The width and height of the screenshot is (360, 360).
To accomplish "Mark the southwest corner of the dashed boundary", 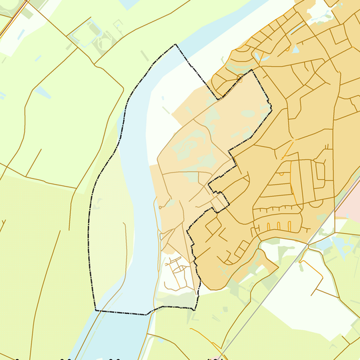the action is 97,310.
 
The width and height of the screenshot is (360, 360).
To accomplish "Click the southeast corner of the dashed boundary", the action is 197,308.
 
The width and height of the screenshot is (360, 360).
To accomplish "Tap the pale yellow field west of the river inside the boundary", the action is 110,233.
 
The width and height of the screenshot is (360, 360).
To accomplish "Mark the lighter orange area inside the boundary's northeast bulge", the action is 233,113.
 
